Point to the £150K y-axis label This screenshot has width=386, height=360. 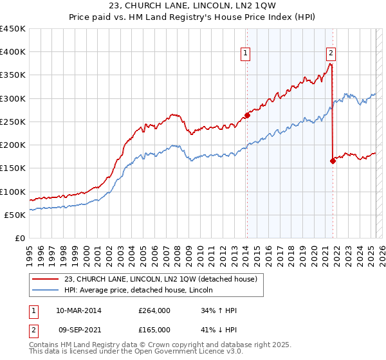point(13,168)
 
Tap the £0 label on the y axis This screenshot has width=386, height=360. point(20,238)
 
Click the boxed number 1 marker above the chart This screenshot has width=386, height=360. point(246,54)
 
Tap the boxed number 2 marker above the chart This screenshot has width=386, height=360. point(331,54)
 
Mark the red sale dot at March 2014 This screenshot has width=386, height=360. point(246,116)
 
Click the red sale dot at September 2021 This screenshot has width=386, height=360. point(333,161)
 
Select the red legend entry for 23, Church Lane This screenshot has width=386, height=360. point(160,279)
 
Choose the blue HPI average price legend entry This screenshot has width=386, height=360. point(142,290)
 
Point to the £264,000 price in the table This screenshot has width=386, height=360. point(154,310)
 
